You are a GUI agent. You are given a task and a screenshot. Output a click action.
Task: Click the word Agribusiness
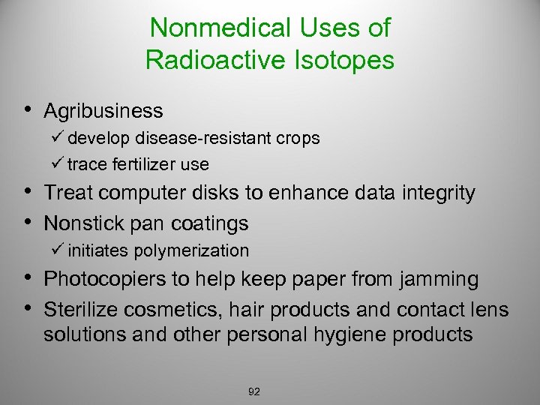point(103,111)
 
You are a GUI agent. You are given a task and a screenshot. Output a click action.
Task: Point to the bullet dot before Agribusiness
point(27,111)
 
